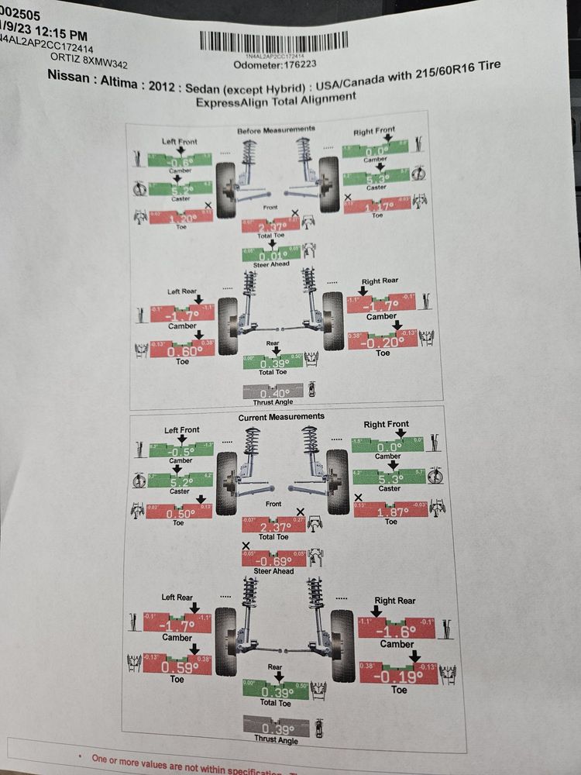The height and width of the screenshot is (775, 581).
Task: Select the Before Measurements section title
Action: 275,129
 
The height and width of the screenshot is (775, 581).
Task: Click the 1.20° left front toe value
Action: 180,218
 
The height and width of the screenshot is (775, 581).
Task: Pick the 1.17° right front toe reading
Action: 376,206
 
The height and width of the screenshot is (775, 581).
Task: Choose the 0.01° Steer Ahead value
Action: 270,255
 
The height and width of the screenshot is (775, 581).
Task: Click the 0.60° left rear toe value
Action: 182,350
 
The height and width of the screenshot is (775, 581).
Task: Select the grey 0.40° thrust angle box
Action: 272,392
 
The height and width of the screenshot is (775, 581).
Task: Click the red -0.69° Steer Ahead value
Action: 274,560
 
